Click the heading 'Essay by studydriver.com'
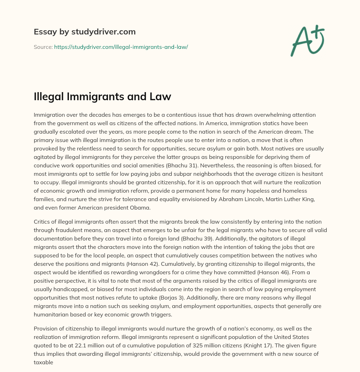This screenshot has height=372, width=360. [84, 32]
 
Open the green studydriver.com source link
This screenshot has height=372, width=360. [121, 47]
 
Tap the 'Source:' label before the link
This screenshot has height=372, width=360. [43, 47]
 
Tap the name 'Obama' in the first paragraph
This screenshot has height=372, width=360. [139, 207]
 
